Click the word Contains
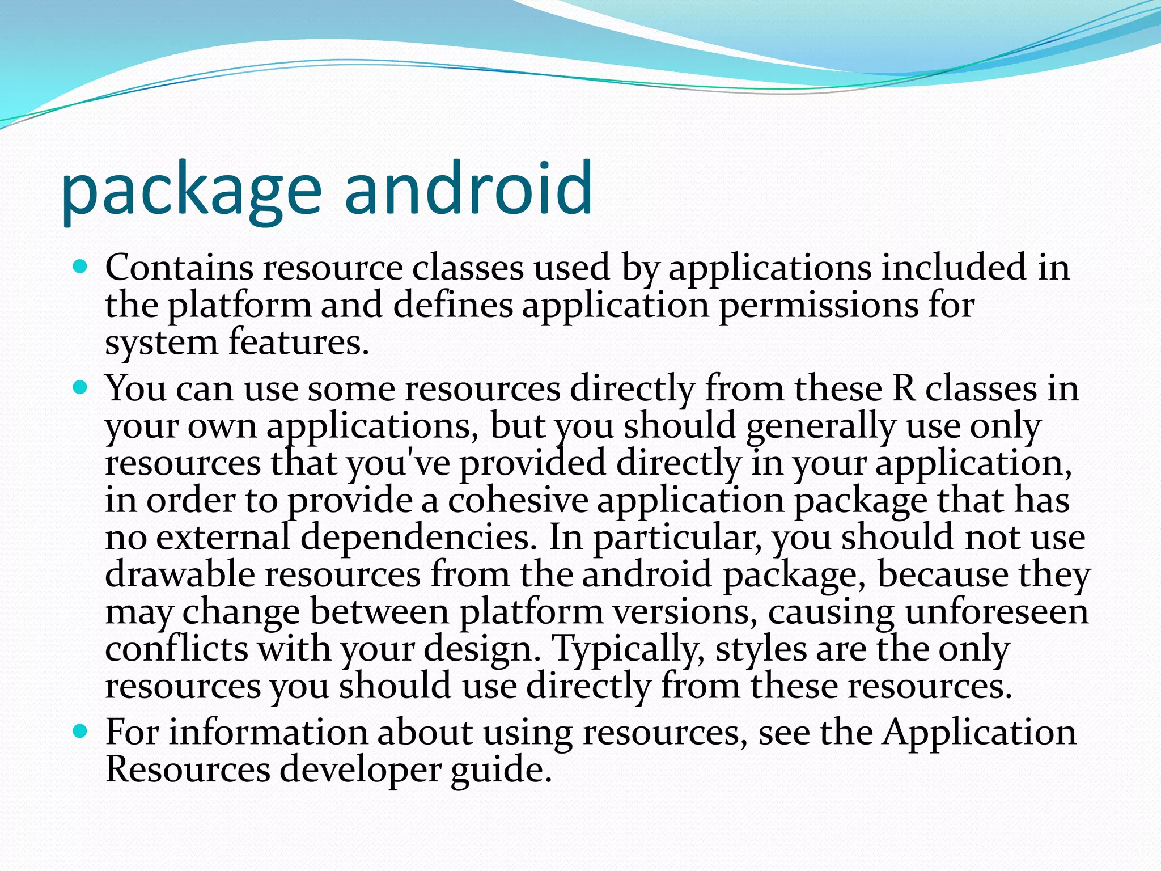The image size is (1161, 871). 179,267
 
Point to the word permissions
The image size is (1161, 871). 818,306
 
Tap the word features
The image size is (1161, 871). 299,343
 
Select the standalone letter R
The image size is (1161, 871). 904,389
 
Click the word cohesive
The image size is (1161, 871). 518,500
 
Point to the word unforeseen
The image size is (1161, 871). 997,612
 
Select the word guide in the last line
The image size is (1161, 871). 501,770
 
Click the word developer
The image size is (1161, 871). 360,770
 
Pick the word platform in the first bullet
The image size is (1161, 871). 239,306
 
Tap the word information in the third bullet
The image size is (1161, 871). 269,732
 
